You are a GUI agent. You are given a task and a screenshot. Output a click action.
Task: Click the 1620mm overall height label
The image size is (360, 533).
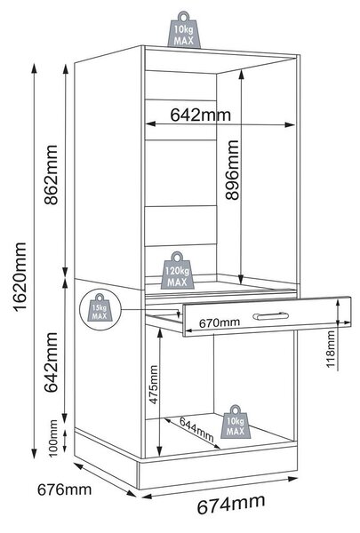click(x=20, y=276)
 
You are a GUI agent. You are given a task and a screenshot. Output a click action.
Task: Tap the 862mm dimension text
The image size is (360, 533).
click(x=52, y=175)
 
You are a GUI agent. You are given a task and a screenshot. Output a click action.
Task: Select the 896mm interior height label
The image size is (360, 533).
click(x=232, y=170)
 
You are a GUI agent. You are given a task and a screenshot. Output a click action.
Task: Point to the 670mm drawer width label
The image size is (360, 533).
click(x=220, y=322)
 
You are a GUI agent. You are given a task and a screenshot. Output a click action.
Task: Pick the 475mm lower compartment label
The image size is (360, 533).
click(x=154, y=385)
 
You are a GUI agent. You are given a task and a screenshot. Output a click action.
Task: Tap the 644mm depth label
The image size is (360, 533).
click(x=196, y=429)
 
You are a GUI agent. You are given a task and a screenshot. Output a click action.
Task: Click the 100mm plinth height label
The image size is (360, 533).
click(x=53, y=438)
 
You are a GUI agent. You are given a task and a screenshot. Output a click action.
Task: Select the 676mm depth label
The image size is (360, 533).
click(x=64, y=489)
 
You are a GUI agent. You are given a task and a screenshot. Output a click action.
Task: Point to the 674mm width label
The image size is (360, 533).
click(x=231, y=505)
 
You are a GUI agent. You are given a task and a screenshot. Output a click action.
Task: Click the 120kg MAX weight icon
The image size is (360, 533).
click(x=177, y=271)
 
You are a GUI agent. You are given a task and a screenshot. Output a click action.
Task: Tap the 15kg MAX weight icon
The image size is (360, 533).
click(x=100, y=307)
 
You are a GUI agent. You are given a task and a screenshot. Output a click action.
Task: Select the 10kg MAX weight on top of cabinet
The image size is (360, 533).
click(x=184, y=30)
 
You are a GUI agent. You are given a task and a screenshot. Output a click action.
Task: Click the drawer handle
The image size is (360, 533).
click(x=271, y=316)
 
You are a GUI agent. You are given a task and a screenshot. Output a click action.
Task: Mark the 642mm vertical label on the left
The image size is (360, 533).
click(x=52, y=362)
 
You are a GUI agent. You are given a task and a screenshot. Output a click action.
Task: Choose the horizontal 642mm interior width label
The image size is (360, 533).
click(x=200, y=115)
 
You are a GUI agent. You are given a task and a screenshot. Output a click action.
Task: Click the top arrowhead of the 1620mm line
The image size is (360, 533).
click(x=34, y=68)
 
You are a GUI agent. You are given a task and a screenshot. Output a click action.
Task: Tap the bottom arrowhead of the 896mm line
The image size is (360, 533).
click(x=241, y=280)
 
